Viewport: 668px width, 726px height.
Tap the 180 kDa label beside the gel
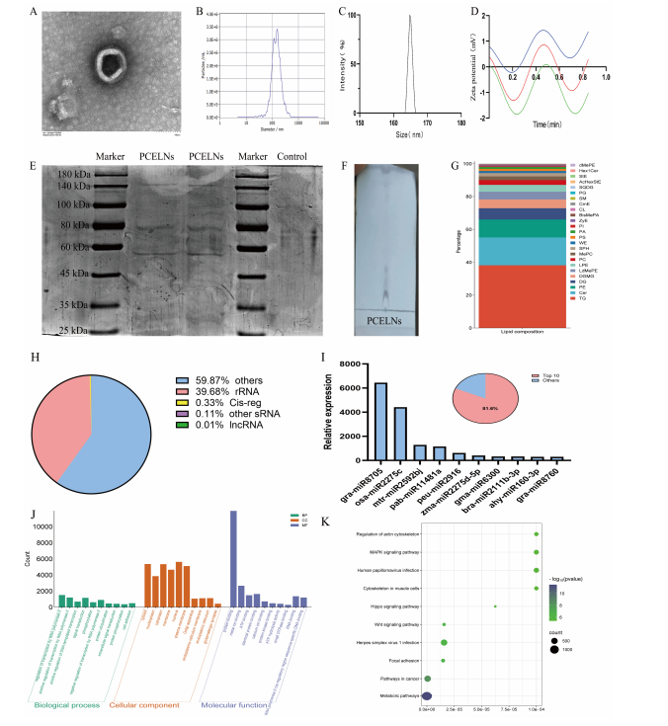(72, 170)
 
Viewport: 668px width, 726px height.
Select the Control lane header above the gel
(293, 156)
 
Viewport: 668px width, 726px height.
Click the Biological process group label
(70, 704)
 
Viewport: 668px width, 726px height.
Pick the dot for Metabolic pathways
(427, 696)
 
